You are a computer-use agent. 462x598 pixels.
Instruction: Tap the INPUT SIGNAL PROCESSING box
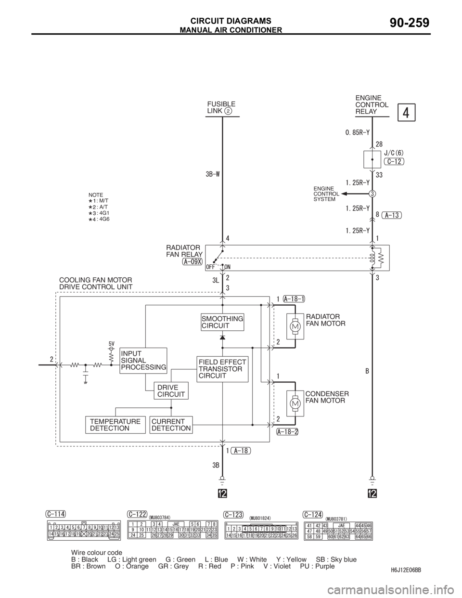coord(143,360)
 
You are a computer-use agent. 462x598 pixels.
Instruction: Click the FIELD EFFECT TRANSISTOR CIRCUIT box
coord(222,369)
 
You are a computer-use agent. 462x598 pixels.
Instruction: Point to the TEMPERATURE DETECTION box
coord(115,425)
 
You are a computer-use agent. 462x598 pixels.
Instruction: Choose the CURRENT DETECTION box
coord(171,425)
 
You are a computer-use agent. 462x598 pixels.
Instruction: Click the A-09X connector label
coord(192,262)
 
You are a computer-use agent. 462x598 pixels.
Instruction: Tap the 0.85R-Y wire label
coord(357,131)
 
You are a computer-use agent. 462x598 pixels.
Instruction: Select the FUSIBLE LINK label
coord(221,107)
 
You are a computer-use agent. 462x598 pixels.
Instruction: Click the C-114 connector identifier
coord(56,513)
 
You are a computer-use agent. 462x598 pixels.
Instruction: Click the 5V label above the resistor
coord(111,344)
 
